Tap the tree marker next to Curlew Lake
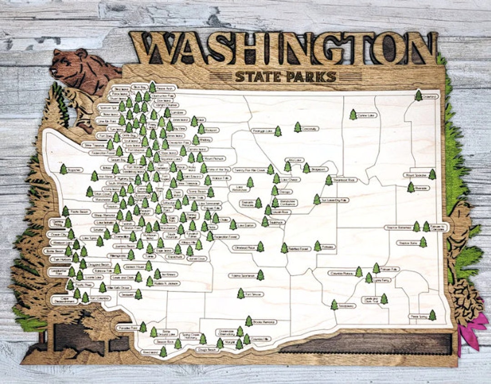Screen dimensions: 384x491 [353, 115]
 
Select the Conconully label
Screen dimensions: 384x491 [310, 129]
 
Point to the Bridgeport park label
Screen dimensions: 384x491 [320, 169]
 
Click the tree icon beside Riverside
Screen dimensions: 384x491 [411, 187]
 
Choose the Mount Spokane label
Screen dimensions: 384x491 [415, 175]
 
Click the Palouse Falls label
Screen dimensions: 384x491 [390, 269]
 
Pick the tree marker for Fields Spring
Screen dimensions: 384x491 [432, 315]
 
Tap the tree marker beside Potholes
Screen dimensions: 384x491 [317, 246]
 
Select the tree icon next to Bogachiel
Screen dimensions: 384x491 [63, 169]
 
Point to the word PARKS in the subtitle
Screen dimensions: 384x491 [313, 76]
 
